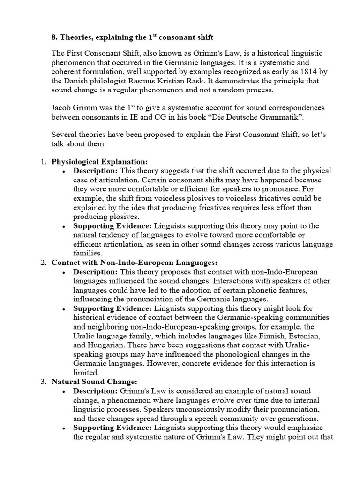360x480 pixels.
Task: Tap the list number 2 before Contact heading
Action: click(x=42, y=263)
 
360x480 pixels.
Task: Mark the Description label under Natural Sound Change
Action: click(x=96, y=391)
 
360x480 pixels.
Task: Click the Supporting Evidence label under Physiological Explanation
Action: click(x=112, y=226)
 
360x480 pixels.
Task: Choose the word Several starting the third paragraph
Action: click(x=64, y=135)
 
